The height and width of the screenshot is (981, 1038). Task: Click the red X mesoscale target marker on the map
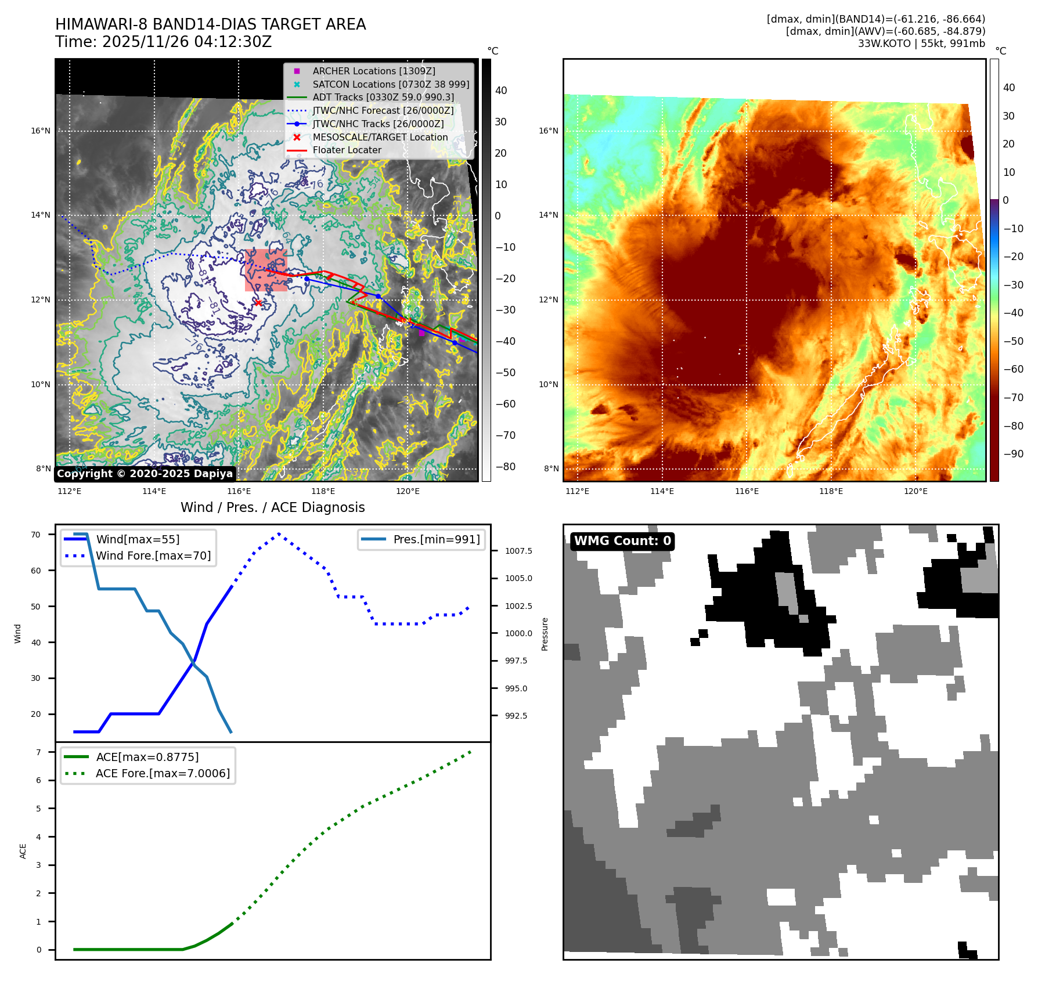[x=258, y=302]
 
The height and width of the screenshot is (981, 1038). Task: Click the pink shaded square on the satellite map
[x=266, y=270]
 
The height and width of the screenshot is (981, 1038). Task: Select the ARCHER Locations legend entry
[x=373, y=71]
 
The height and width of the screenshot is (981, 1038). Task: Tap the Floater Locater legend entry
[x=347, y=150]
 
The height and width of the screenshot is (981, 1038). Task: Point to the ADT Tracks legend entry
[x=383, y=97]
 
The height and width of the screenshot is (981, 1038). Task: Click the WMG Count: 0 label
[x=622, y=541]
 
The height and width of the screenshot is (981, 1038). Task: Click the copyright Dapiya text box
[x=145, y=474]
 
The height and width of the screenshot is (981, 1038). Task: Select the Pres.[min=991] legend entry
[x=436, y=539]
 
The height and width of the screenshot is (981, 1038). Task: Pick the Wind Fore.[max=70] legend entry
[x=153, y=556]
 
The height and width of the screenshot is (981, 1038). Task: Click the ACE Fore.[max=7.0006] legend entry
[x=163, y=773]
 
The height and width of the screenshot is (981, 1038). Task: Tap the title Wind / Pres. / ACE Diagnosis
[x=272, y=507]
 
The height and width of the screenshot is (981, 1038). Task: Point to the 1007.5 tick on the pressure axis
[x=518, y=551]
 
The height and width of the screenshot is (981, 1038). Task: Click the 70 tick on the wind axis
[x=36, y=535]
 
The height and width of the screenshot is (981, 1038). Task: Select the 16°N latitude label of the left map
[x=41, y=131]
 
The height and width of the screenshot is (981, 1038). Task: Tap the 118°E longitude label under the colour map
[x=831, y=491]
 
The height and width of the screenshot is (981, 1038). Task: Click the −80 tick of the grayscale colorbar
[x=505, y=467]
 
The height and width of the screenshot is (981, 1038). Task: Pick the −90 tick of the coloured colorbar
[x=1014, y=454]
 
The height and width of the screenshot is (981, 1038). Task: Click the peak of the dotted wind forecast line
[x=279, y=533]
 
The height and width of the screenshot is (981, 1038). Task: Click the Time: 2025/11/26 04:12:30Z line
[x=163, y=42]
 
